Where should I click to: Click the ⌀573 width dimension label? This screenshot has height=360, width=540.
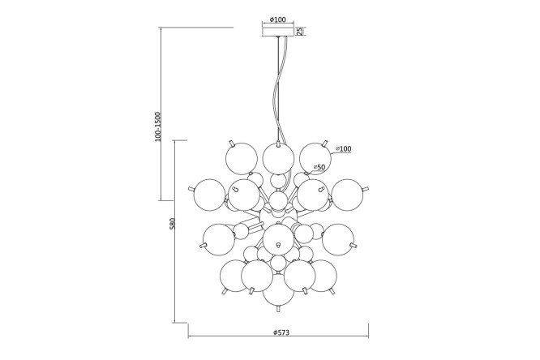click(x=281, y=332)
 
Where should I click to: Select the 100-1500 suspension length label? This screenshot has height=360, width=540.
click(x=158, y=126)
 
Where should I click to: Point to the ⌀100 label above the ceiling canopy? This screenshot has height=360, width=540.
click(x=278, y=19)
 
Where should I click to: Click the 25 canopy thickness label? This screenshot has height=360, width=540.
click(x=300, y=31)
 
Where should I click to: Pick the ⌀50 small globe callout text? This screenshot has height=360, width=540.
click(x=319, y=167)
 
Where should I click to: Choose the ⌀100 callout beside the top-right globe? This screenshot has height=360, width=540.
click(x=343, y=149)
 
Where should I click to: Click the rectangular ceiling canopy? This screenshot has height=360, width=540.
click(x=278, y=32)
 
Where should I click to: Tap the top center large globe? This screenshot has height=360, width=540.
click(x=278, y=158)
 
